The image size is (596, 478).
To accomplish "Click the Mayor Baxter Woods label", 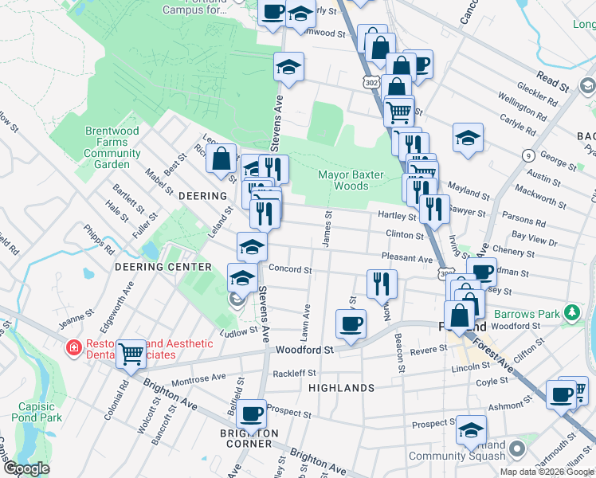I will [351, 180].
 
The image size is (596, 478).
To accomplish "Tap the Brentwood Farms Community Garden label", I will [112, 147].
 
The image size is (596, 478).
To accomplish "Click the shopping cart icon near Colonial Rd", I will [131, 353].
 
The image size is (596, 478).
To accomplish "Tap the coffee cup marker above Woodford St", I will [351, 323].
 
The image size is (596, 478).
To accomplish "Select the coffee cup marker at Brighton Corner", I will [252, 413].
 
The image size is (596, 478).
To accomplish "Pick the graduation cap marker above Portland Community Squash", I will [471, 429].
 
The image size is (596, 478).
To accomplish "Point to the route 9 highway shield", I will [527, 155].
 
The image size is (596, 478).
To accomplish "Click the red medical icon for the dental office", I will [73, 348].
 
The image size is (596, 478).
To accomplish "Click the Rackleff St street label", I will [294, 373].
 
